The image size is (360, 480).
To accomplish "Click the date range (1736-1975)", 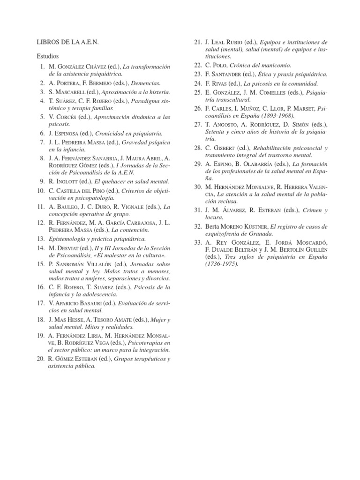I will tap(222, 264).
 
